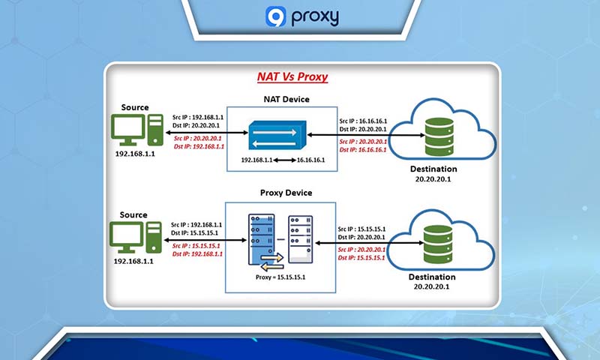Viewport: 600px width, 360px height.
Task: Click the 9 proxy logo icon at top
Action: (x=275, y=16)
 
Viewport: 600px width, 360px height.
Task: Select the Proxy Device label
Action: (x=282, y=193)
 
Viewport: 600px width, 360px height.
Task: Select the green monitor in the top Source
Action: (x=129, y=130)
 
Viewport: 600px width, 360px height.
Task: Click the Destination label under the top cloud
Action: (x=438, y=169)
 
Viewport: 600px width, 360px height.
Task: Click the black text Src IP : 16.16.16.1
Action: (x=363, y=120)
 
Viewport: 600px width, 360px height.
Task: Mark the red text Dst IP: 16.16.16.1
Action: (x=363, y=150)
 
